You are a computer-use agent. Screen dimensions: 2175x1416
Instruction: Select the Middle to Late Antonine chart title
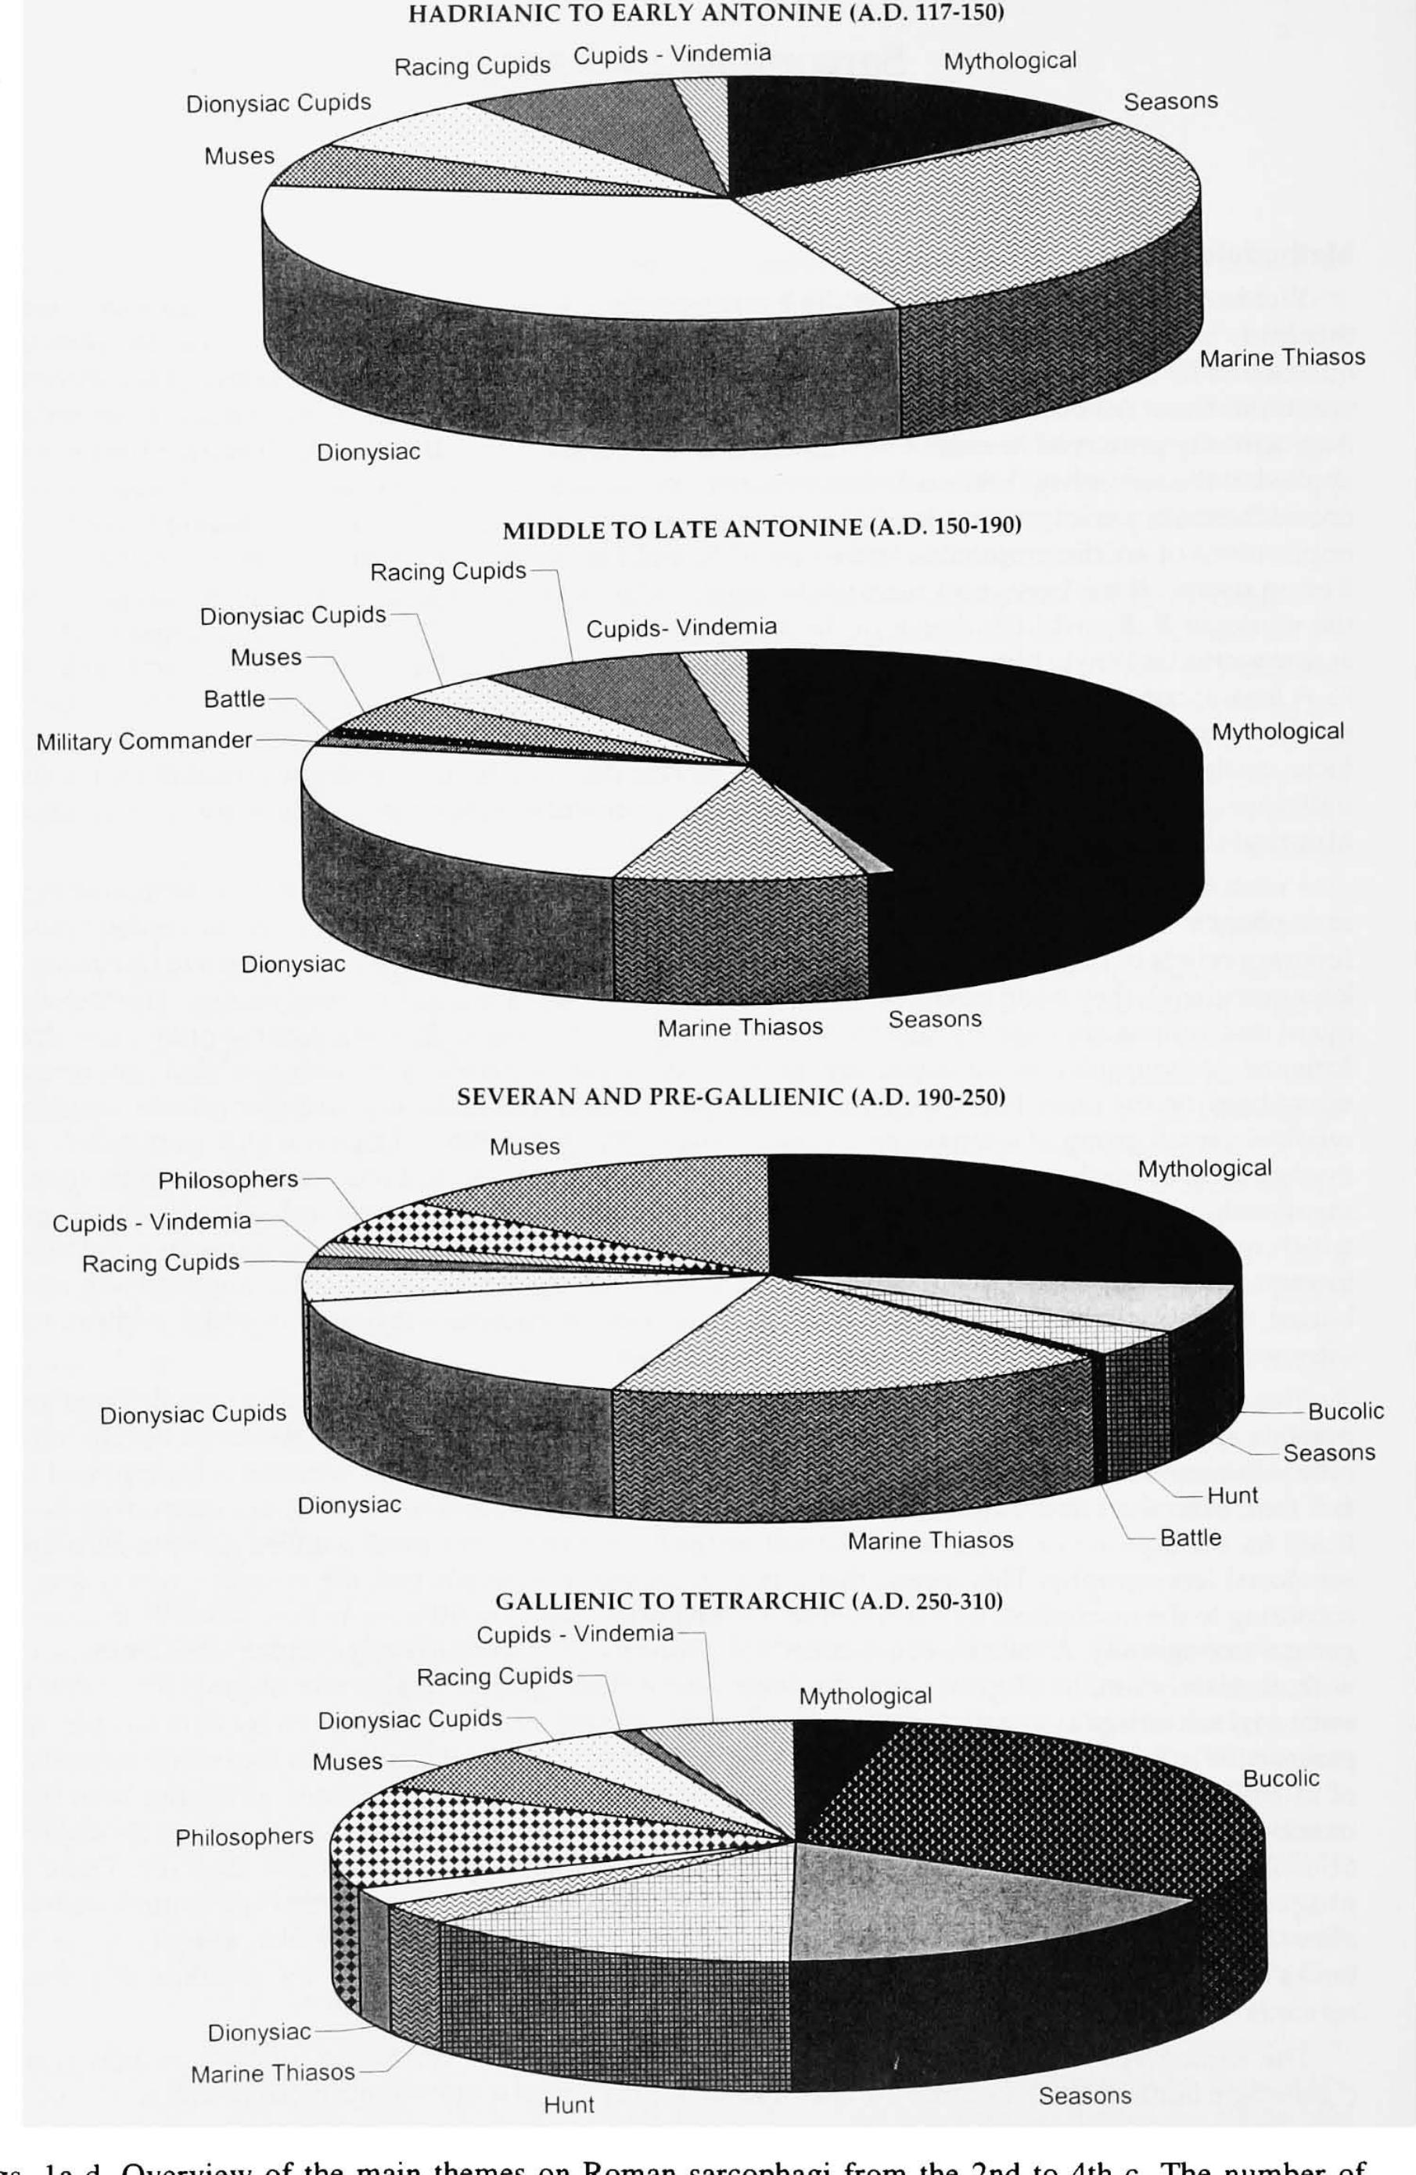[x=761, y=526]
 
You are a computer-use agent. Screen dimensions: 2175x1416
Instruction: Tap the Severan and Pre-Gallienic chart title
[x=731, y=1096]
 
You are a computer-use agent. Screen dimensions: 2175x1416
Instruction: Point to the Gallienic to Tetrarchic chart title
[x=749, y=1600]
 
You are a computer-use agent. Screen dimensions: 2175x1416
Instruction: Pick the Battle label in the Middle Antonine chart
[x=234, y=699]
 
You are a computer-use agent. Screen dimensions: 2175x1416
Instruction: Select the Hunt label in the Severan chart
[x=1232, y=1495]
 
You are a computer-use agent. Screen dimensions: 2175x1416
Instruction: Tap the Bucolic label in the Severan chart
[x=1346, y=1411]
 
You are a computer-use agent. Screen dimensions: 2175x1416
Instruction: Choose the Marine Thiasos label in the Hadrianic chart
[x=1281, y=358]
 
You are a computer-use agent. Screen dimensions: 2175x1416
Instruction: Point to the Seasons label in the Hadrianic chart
[x=1170, y=102]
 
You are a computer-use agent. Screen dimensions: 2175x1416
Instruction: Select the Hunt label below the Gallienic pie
[x=569, y=2131]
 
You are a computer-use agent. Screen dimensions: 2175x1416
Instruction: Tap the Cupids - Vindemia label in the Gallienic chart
[x=575, y=1633]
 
